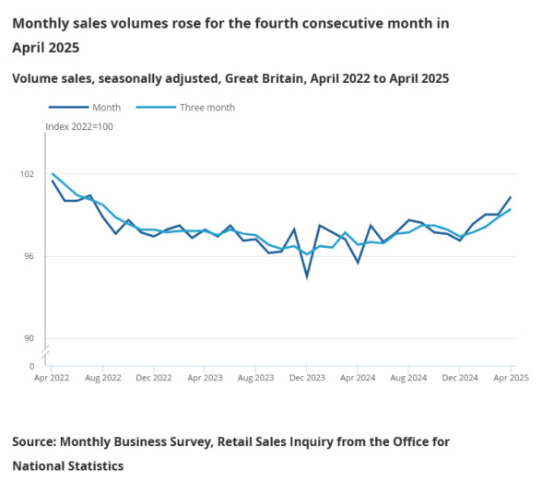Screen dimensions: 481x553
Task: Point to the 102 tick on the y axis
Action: point(28,174)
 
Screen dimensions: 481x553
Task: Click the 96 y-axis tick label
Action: point(28,256)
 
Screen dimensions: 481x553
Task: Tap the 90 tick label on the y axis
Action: point(28,338)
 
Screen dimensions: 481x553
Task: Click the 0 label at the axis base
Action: point(31,366)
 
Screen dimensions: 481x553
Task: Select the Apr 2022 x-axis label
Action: point(53,378)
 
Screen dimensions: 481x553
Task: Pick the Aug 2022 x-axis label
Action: point(103,378)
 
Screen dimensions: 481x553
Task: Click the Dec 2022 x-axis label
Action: point(154,378)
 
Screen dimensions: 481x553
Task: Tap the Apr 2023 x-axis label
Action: point(206,378)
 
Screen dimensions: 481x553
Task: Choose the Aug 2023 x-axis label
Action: point(256,378)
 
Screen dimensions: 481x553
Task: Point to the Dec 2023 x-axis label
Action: point(307,378)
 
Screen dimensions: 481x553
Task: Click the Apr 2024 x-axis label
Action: point(358,378)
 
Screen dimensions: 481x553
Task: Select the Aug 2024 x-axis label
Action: point(408,378)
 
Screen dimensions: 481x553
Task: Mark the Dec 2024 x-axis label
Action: point(459,378)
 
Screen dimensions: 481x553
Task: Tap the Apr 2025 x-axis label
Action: point(511,378)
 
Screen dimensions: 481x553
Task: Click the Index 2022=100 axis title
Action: point(79,126)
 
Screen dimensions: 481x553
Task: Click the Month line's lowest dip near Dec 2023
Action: point(307,276)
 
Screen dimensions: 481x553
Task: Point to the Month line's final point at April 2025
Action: point(511,197)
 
